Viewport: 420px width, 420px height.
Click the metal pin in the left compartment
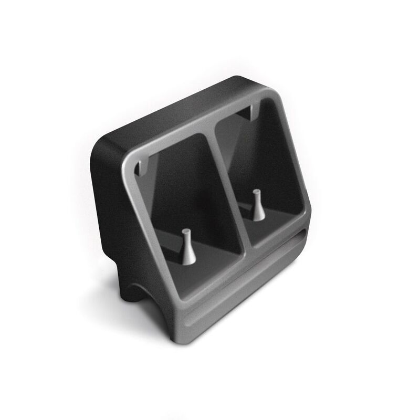pyautogui.click(x=188, y=247)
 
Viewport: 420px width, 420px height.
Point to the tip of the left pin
pyautogui.click(x=185, y=232)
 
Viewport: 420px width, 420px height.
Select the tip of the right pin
pyautogui.click(x=256, y=191)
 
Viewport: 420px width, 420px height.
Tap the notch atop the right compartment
pyautogui.click(x=250, y=111)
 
